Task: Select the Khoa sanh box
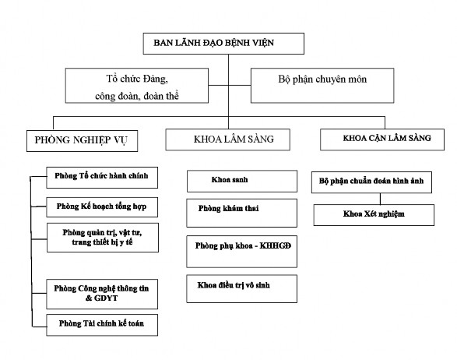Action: tap(241, 180)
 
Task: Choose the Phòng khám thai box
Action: tap(241, 210)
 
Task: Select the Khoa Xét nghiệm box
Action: tap(373, 212)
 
